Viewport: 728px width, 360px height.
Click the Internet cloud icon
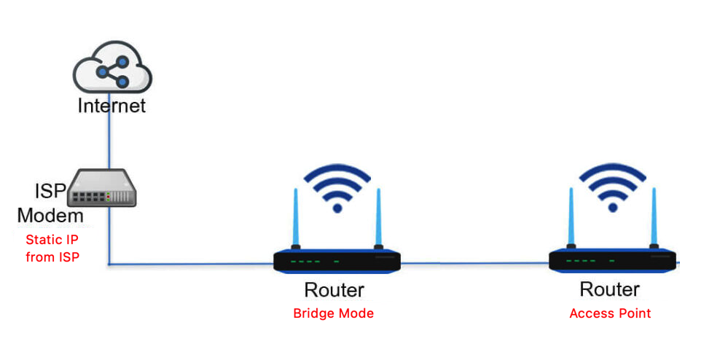click(112, 66)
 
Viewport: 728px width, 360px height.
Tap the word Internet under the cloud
click(112, 106)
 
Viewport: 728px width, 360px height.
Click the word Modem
click(50, 215)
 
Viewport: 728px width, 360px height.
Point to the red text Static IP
click(52, 240)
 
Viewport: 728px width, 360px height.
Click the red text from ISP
click(52, 257)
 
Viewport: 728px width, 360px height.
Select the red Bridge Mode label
click(333, 313)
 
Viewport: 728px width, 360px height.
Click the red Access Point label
click(610, 313)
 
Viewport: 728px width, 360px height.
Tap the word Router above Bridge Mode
click(334, 290)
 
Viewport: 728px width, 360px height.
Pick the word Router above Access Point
click(610, 289)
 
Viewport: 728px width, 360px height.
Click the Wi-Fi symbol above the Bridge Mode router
click(337, 189)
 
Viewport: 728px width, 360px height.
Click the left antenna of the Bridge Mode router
click(296, 219)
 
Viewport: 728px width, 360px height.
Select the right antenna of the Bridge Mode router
click(378, 219)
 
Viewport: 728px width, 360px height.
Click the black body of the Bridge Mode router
click(337, 261)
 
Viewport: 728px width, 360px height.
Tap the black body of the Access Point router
click(612, 261)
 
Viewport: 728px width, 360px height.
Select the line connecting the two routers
click(474, 263)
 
